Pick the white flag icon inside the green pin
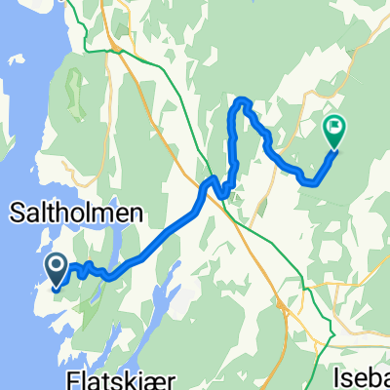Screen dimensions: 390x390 334,125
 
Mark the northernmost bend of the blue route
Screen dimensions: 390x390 242,100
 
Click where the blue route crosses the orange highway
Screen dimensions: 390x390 205,185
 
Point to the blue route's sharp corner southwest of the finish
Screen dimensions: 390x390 311,181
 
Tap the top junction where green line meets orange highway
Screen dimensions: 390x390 117,54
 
